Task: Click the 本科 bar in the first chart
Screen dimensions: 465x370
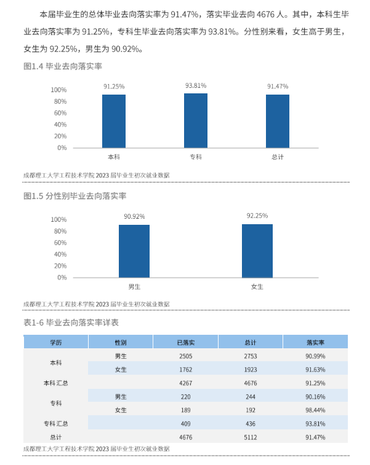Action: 114,121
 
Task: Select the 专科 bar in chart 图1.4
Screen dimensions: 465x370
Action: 196,120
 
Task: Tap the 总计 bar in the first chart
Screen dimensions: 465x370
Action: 278,121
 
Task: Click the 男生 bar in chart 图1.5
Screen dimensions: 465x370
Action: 134,251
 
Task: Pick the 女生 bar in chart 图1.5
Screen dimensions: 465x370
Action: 257,251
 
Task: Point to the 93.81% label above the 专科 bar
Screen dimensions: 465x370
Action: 196,86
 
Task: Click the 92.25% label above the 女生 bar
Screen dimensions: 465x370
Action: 257,216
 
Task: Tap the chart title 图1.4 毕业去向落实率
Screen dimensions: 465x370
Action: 63,66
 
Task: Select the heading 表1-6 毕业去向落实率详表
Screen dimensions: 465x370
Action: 71,322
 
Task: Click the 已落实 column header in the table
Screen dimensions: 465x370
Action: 185,342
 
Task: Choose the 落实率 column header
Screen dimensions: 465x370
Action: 315,342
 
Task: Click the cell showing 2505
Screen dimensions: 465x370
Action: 185,356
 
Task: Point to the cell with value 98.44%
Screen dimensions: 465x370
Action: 315,410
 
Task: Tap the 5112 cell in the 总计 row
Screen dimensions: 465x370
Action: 251,437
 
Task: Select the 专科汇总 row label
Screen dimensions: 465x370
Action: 55,423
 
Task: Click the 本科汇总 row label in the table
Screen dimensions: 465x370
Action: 55,383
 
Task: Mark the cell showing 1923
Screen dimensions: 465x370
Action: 251,369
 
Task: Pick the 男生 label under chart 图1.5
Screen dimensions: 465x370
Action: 134,287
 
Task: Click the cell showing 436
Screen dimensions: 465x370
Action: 251,423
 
